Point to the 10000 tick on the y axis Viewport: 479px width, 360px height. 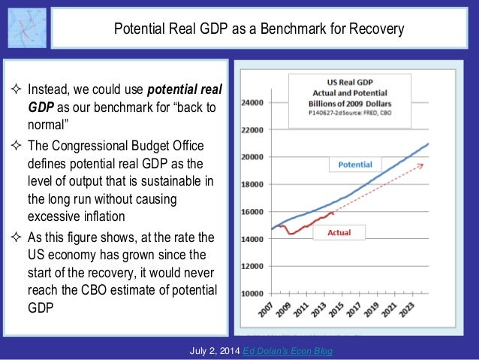pyautogui.click(x=252, y=293)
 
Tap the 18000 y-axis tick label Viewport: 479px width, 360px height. pyautogui.click(x=252, y=184)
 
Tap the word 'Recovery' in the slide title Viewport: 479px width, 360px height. pyautogui.click(x=375, y=30)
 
